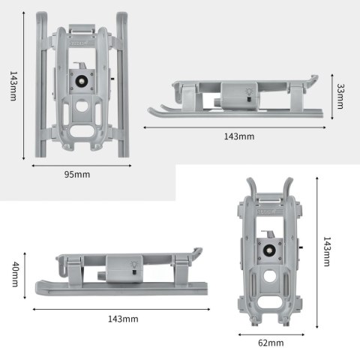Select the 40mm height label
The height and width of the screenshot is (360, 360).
coord(14,274)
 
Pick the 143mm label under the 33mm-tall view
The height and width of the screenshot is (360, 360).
coord(238,136)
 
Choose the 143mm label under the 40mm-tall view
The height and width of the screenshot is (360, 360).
coord(123,319)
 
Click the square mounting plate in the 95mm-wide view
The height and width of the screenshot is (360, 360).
coord(79,79)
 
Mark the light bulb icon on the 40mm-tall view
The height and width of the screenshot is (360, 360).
coord(133,266)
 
